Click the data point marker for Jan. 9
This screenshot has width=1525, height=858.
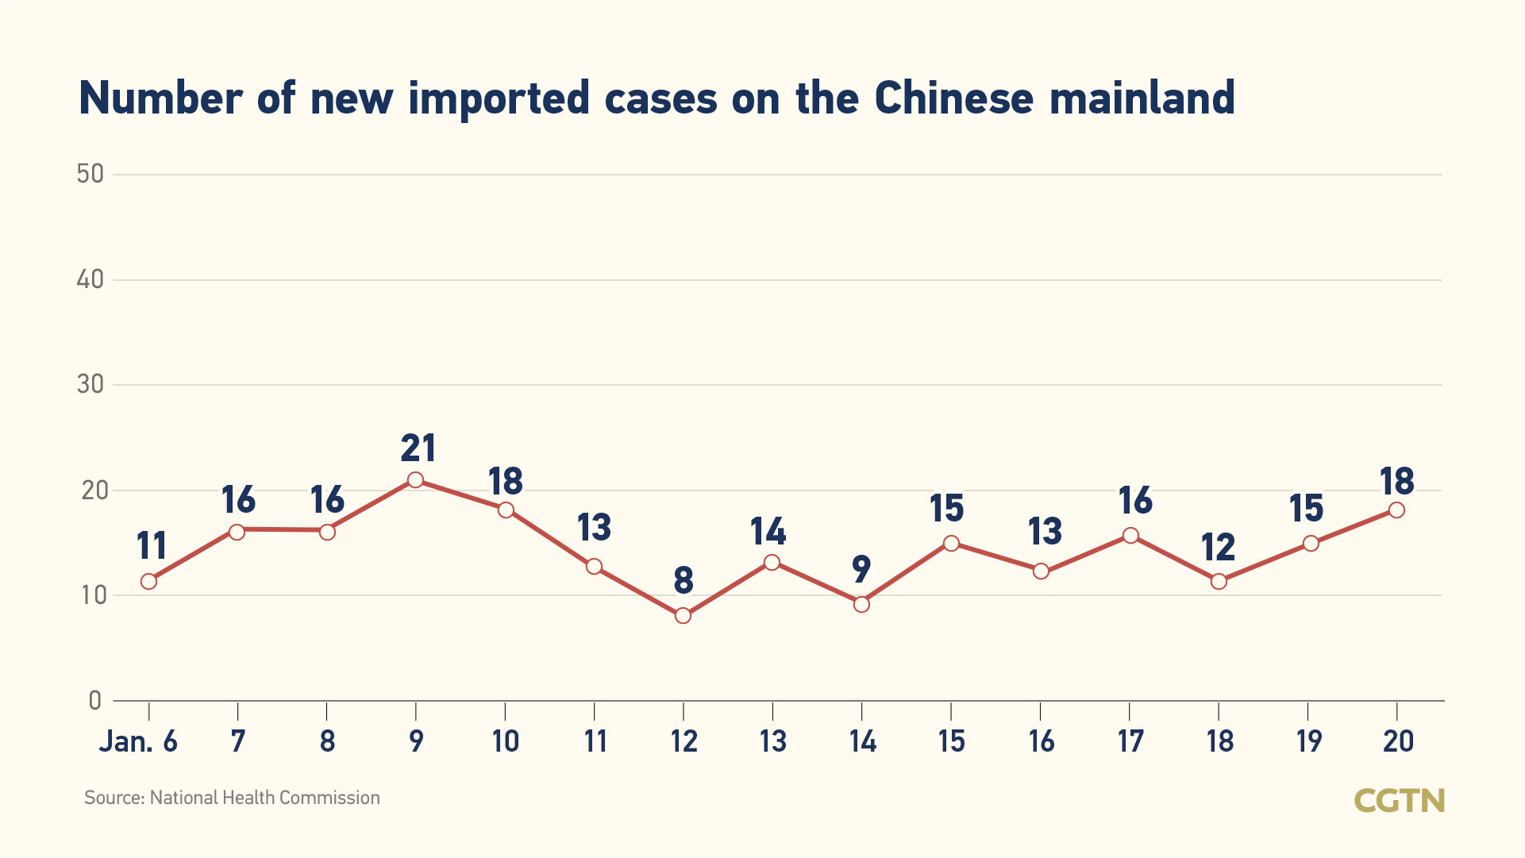tap(415, 480)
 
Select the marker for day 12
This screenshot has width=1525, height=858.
tap(683, 616)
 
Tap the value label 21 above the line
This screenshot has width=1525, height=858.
tap(418, 448)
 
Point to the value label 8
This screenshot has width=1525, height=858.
tap(684, 581)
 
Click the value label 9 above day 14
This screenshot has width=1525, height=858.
tap(861, 569)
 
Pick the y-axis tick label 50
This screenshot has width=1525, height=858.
tap(90, 174)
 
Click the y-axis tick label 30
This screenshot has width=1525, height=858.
tap(90, 385)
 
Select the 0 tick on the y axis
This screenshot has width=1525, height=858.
tap(95, 701)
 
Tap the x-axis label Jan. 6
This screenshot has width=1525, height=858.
tap(138, 742)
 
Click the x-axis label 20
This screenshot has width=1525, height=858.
tap(1398, 742)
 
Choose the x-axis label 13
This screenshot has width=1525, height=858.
tap(772, 742)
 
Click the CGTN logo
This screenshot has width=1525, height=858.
tap(1399, 801)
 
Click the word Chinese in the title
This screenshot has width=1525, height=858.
tap(954, 98)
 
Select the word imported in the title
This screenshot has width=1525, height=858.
tap(499, 98)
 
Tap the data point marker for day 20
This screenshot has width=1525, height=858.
tap(1396, 510)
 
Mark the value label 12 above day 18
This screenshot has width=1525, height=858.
tap(1219, 548)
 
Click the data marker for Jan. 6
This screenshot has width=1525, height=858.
tap(148, 582)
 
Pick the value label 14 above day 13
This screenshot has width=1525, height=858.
tap(768, 532)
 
